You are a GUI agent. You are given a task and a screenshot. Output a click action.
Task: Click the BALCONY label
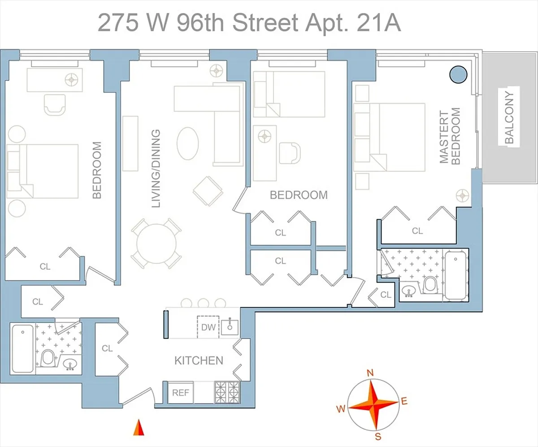pyautogui.click(x=509, y=117)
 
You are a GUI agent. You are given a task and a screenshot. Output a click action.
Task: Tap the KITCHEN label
pyautogui.click(x=199, y=361)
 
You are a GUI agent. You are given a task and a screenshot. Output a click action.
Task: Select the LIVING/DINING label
pyautogui.click(x=156, y=168)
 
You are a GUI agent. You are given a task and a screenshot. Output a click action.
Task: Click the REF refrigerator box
pyautogui.click(x=180, y=393)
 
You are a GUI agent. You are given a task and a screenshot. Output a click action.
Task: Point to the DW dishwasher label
pyautogui.click(x=208, y=327)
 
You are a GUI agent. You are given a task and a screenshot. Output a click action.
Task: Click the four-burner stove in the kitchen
pyautogui.click(x=227, y=392)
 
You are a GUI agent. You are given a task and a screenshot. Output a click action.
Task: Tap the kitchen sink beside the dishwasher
pyautogui.click(x=230, y=326)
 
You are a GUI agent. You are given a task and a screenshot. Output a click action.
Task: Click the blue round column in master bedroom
pyautogui.click(x=458, y=75)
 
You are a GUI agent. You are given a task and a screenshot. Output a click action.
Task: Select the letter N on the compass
pyautogui.click(x=370, y=373)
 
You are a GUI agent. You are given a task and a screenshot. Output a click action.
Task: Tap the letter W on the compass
pyautogui.click(x=341, y=408)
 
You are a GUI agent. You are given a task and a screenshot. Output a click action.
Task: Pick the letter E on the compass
pyautogui.click(x=404, y=401)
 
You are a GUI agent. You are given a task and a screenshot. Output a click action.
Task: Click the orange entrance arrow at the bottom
pyautogui.click(x=139, y=428)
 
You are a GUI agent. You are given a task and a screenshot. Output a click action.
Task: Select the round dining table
pyautogui.click(x=156, y=244)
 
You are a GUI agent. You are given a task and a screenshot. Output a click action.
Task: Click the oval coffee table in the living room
pyautogui.click(x=187, y=143)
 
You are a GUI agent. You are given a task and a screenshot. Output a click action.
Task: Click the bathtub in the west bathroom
pyautogui.click(x=23, y=348)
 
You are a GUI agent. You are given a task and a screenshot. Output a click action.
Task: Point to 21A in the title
pyautogui.click(x=379, y=23)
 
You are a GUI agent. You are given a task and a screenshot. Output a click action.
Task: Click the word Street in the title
pyautogui.click(x=265, y=23)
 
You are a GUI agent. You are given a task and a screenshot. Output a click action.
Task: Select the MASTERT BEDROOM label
pyautogui.click(x=450, y=136)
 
